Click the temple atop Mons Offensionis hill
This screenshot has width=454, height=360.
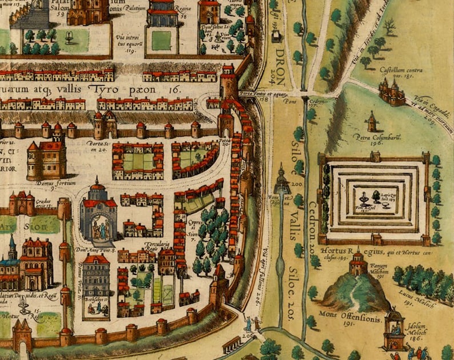coord(359,263)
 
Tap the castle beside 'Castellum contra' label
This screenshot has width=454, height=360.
coord(392,91)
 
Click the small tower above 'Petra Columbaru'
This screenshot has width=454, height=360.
coord(372,121)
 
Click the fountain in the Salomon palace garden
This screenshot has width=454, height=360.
coord(70,38)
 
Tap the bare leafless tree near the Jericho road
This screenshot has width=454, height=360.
coord(389,26)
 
